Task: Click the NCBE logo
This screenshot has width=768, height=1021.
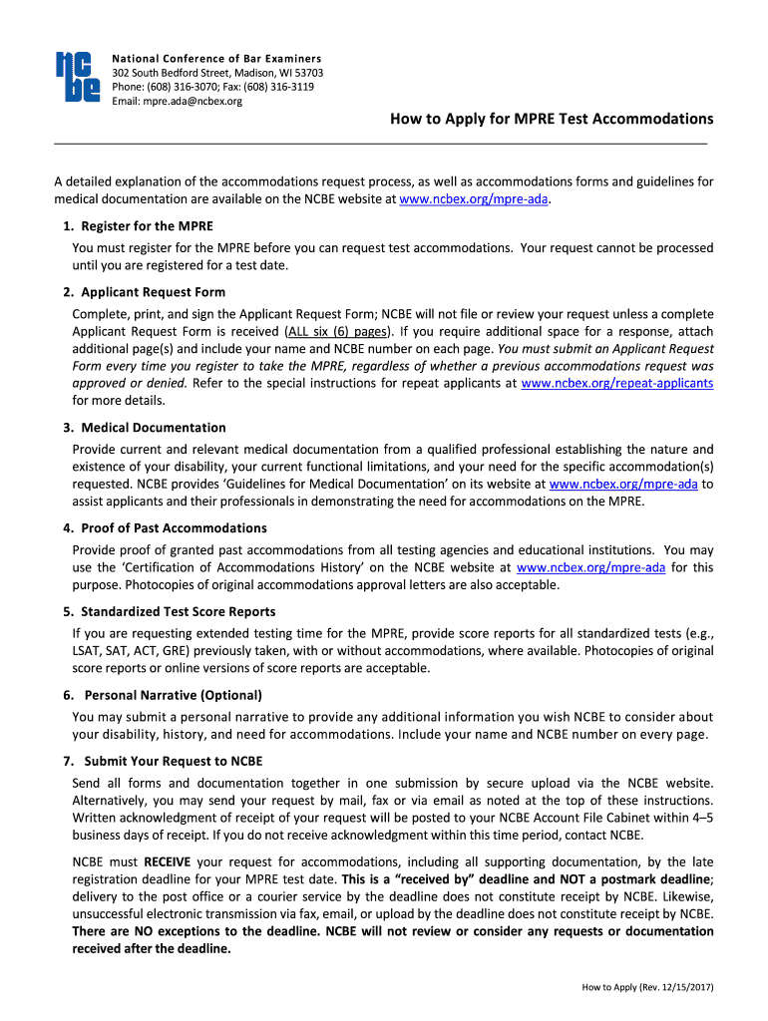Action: tap(77, 76)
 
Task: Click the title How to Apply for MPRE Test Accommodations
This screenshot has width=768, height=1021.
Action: tap(551, 119)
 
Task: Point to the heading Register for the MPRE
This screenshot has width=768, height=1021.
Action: tap(147, 225)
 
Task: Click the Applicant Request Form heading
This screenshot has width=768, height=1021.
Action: tap(153, 292)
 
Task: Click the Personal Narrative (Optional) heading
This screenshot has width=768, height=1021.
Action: tap(173, 695)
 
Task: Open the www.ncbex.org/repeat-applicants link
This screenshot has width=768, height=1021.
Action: tap(617, 383)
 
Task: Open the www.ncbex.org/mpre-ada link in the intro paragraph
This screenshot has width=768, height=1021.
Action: tap(474, 199)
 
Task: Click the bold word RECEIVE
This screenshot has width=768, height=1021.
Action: tap(167, 861)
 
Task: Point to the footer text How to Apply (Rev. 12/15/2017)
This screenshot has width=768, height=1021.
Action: tap(647, 988)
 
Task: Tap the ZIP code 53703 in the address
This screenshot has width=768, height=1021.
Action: tap(305, 73)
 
